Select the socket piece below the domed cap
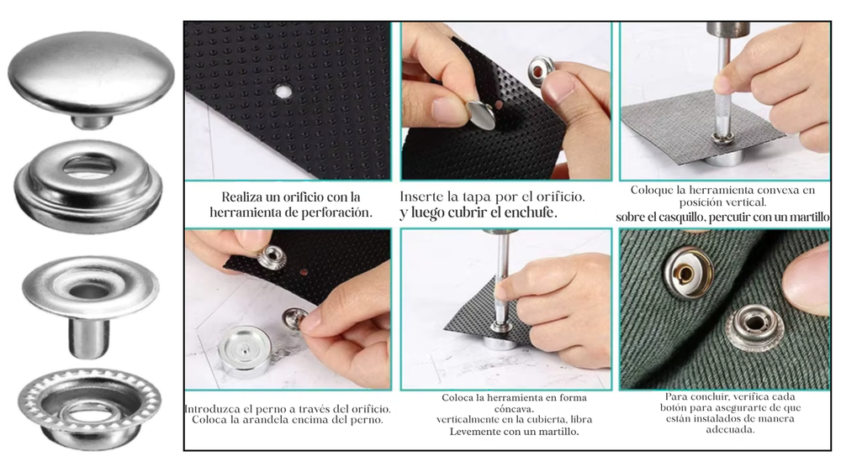[88, 186]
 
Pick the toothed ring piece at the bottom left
[89, 408]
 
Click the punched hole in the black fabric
[283, 92]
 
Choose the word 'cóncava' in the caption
[514, 409]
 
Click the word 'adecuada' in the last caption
[730, 430]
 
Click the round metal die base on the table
[245, 351]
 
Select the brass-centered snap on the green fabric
[689, 275]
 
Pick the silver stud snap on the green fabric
[754, 325]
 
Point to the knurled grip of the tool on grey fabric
[721, 108]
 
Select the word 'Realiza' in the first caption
[242, 197]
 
